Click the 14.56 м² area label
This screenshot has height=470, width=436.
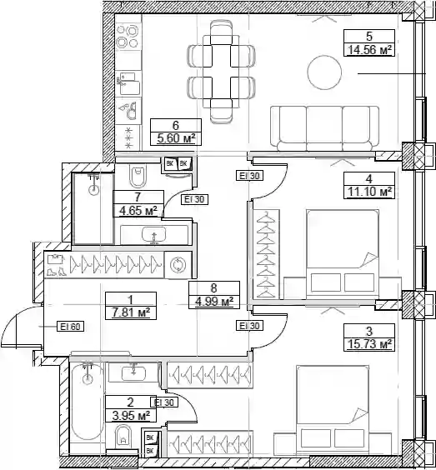(369, 50)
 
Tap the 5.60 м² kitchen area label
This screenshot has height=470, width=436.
(176, 138)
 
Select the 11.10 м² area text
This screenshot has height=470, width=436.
(369, 191)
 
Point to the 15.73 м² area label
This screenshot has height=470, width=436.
(369, 344)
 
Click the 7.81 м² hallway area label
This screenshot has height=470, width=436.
(130, 312)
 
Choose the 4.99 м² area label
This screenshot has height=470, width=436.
(214, 301)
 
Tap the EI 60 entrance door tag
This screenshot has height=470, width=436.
(71, 326)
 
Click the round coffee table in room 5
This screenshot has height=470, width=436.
(324, 72)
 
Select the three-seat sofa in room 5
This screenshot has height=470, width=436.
(324, 128)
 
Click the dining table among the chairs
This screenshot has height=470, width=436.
(221, 72)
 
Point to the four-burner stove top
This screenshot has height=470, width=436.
(128, 37)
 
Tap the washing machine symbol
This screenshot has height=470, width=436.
(178, 265)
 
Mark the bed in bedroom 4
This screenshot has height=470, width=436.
(343, 254)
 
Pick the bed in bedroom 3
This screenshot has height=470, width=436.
(333, 410)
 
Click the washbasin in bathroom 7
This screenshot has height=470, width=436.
(154, 235)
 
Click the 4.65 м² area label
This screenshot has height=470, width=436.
(138, 211)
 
